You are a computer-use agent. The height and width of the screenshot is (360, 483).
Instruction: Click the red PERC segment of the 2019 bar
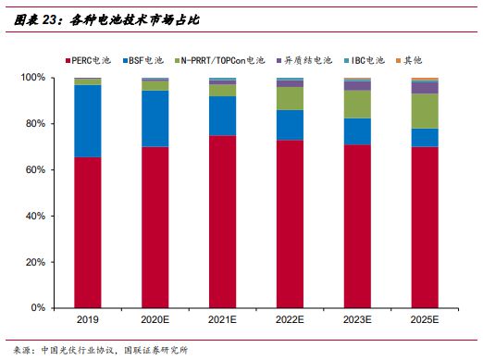88,231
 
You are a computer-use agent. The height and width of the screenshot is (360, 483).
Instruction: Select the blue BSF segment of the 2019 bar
88,121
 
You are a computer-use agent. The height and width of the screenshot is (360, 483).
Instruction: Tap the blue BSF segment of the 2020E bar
155,118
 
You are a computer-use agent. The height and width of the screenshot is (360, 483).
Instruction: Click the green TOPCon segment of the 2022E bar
290,98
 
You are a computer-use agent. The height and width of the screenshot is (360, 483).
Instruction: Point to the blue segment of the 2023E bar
357,131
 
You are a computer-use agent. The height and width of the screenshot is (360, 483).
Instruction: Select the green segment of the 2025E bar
425,111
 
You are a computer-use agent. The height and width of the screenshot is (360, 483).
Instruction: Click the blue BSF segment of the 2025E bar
425,138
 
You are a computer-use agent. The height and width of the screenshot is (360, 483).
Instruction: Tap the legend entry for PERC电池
91,60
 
